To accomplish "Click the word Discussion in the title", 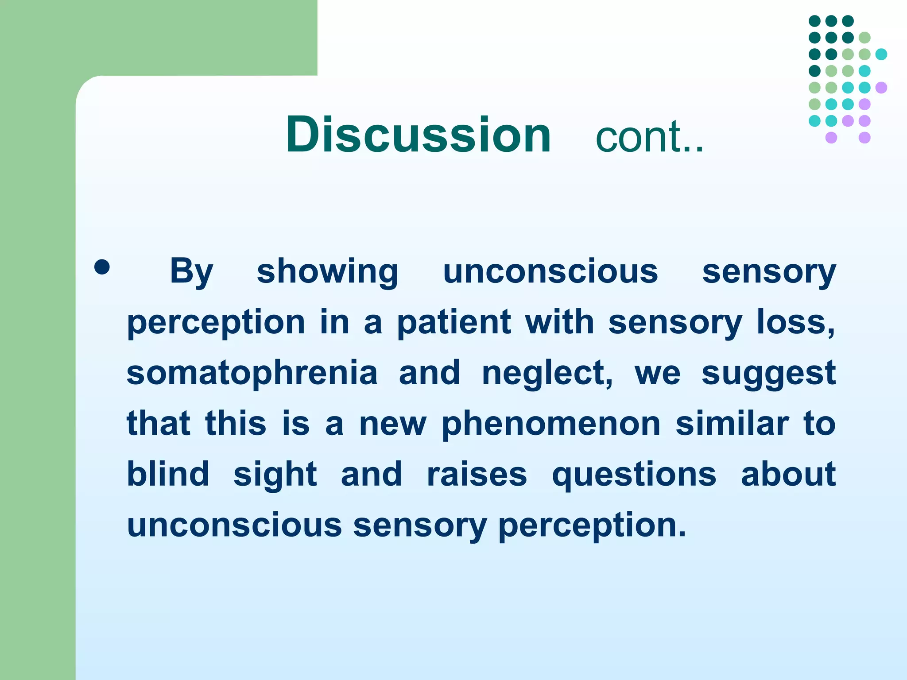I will tap(419, 135).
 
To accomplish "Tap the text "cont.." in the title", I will tap(649, 137).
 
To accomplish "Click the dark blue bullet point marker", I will tap(102, 267).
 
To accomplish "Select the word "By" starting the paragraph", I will tap(191, 272).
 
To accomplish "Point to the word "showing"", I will tap(327, 272).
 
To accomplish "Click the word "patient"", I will tap(453, 323).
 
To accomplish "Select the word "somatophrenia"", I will tap(252, 373).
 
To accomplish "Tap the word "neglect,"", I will tap(547, 373).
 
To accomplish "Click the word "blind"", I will tap(168, 474).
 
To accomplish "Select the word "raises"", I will tap(477, 475).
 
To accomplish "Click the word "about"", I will tap(788, 474).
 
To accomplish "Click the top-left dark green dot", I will tap(814, 21).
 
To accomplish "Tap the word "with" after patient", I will tap(559, 322).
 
